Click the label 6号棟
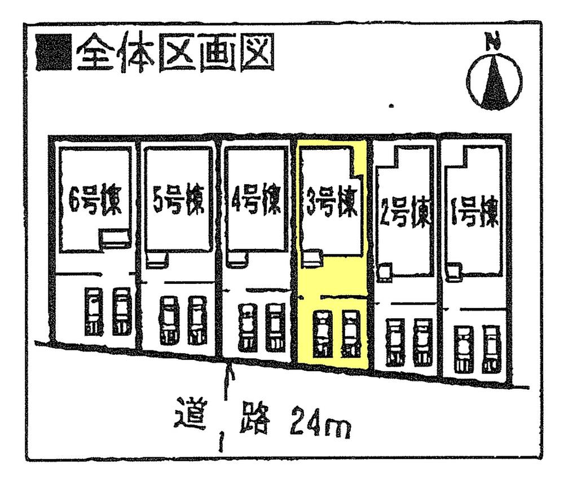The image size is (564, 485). (94, 204)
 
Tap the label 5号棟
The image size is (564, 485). (177, 204)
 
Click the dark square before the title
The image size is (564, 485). (53, 54)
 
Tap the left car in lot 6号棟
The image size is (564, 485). (92, 312)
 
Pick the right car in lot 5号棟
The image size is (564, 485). (197, 321)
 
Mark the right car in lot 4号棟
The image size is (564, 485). (275, 327)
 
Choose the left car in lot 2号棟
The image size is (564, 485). (394, 342)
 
